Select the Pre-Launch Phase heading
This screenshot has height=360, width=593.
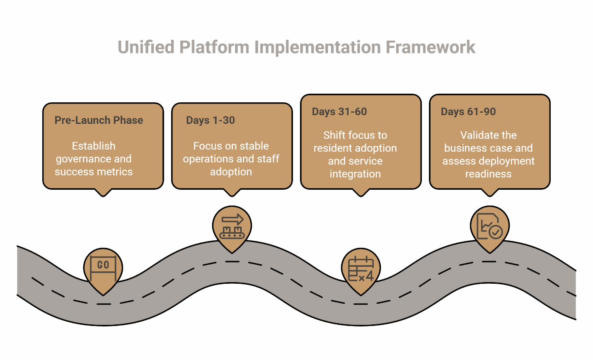pos(99,120)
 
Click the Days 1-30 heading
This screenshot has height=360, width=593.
pos(210,120)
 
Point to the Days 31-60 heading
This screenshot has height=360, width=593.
pos(339,111)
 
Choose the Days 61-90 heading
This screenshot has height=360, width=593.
pos(468,111)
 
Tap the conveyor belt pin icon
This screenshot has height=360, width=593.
pos(232,227)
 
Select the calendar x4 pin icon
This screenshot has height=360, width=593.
pos(361,269)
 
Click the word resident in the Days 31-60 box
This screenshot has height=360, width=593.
pos(332,148)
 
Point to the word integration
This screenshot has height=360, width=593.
pos(355,174)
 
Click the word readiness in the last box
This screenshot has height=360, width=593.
pos(488,174)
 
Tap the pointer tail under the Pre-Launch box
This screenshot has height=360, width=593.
pos(103,192)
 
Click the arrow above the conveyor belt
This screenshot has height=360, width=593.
pos(232,219)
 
